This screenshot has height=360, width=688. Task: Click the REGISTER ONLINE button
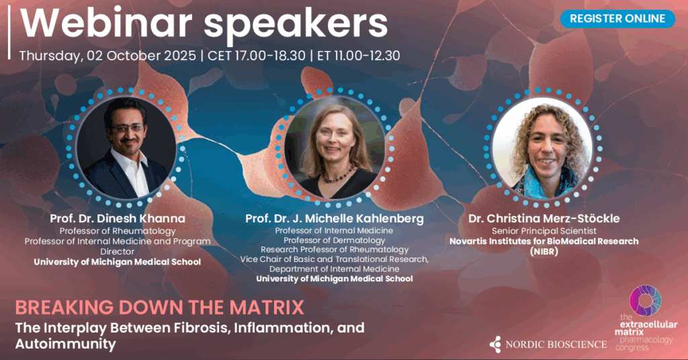pos(617,19)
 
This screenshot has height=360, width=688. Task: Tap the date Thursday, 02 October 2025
pos(107,56)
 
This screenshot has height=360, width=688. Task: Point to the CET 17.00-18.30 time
pos(256,56)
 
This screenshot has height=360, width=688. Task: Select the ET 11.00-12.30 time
pos(359,56)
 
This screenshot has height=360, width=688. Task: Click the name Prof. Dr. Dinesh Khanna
pos(118,218)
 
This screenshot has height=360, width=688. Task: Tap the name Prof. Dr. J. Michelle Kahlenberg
pos(335,218)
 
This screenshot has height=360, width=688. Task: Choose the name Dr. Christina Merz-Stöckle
pos(544,218)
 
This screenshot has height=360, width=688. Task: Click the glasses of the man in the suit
pos(128,128)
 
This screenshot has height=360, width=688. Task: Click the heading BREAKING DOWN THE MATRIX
pos(160,308)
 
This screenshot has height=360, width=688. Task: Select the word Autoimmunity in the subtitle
pos(65,344)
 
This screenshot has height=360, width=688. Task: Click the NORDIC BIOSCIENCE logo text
pos(556,345)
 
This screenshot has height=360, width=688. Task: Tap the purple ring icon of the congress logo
pos(645,300)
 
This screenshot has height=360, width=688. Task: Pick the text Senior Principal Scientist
pos(544,230)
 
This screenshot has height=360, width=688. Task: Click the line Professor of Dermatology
pos(335,240)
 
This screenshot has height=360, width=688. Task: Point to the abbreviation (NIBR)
pos(544,252)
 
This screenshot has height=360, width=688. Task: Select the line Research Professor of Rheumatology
pos(335,249)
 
